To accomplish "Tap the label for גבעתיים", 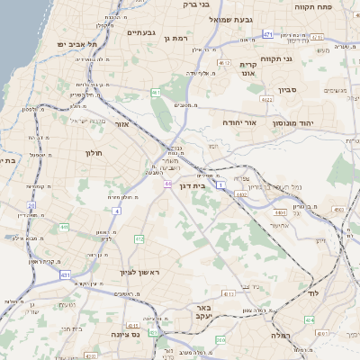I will [141, 33].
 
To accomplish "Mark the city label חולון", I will [94, 153].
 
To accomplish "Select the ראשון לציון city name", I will [140, 272].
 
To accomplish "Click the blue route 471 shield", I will [268, 34].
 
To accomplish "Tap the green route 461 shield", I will [156, 92].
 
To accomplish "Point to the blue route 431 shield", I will [65, 274].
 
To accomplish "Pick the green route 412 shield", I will [139, 238].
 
